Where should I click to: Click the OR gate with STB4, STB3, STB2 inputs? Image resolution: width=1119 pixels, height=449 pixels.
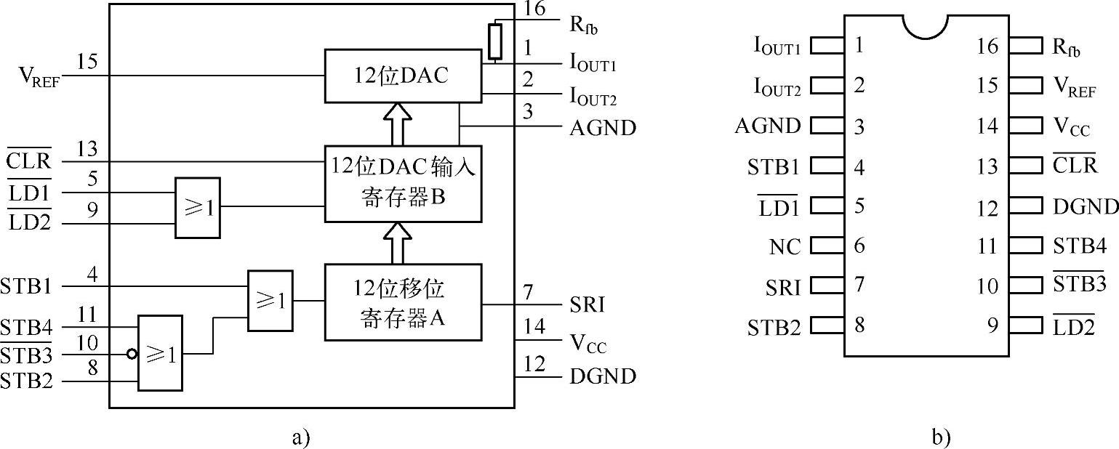pyautogui.click(x=161, y=353)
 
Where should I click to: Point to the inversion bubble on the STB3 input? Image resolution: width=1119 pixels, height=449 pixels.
pyautogui.click(x=132, y=354)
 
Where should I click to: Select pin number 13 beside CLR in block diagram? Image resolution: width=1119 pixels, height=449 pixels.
pyautogui.click(x=87, y=150)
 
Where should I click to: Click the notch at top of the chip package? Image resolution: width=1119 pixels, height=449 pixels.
pyautogui.click(x=926, y=26)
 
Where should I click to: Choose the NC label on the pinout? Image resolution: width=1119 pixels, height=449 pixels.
pyautogui.click(x=785, y=246)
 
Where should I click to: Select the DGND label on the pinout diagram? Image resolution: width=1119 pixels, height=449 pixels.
pyautogui.click(x=1086, y=207)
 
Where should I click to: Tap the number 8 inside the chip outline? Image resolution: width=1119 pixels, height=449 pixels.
pyautogui.click(x=859, y=325)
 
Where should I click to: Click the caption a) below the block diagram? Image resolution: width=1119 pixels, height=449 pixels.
pyautogui.click(x=300, y=437)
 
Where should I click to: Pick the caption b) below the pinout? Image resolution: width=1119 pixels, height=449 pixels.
pyautogui.click(x=940, y=437)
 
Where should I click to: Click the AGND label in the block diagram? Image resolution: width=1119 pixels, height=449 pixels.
pyautogui.click(x=603, y=129)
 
